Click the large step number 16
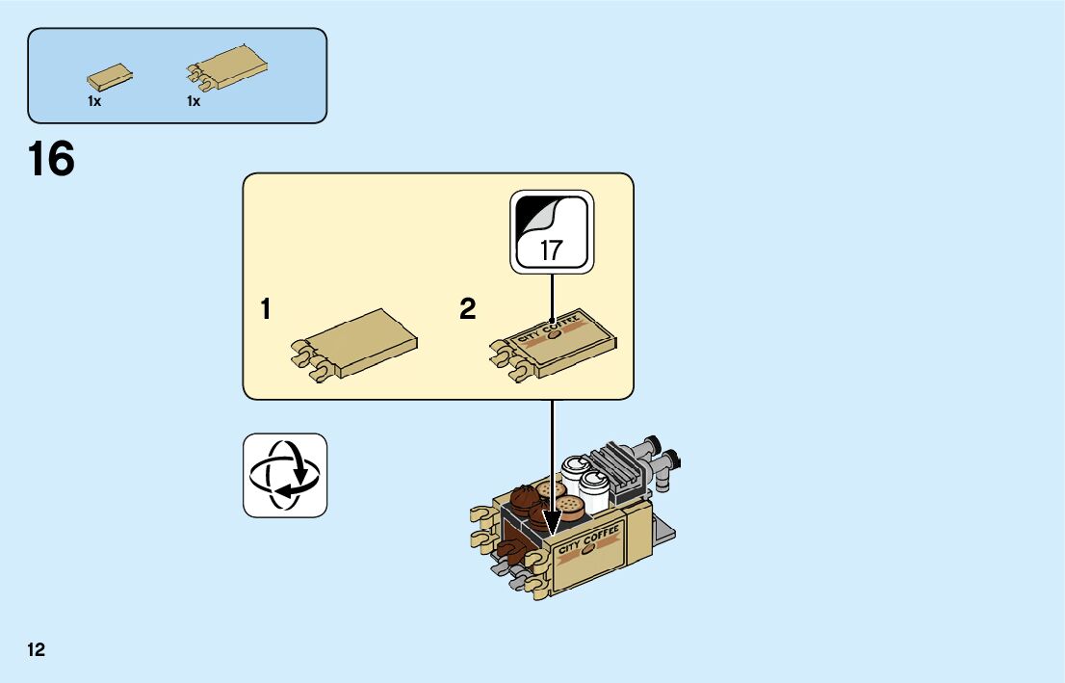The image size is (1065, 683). coord(52,160)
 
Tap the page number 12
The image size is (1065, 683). coord(37,650)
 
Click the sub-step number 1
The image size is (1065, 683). coord(265,310)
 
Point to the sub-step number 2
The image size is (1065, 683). coord(468,310)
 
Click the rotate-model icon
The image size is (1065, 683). coord(285,475)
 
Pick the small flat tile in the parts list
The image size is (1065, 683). coord(109,76)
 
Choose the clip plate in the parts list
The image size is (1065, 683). coord(227,68)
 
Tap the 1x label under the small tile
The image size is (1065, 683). coord(94,101)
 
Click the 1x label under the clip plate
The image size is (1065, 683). coord(194,101)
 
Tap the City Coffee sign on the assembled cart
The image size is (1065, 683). coord(588,544)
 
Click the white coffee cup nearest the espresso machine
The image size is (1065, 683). coord(594,490)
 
